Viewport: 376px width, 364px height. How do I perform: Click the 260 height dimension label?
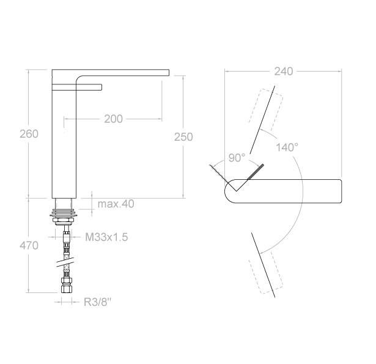pyautogui.click(x=29, y=133)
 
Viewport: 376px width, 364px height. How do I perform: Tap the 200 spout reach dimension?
pyautogui.click(x=112, y=118)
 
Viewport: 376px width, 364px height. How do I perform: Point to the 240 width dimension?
pyautogui.click(x=283, y=71)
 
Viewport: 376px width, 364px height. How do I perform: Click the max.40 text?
pyautogui.click(x=116, y=204)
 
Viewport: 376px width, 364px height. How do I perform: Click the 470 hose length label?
pyautogui.click(x=29, y=245)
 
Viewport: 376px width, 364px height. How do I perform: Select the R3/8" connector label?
pyautogui.click(x=98, y=302)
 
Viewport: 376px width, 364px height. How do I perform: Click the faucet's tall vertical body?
pyautogui.click(x=64, y=147)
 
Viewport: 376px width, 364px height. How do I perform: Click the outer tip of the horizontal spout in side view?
pyautogui.click(x=166, y=73)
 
